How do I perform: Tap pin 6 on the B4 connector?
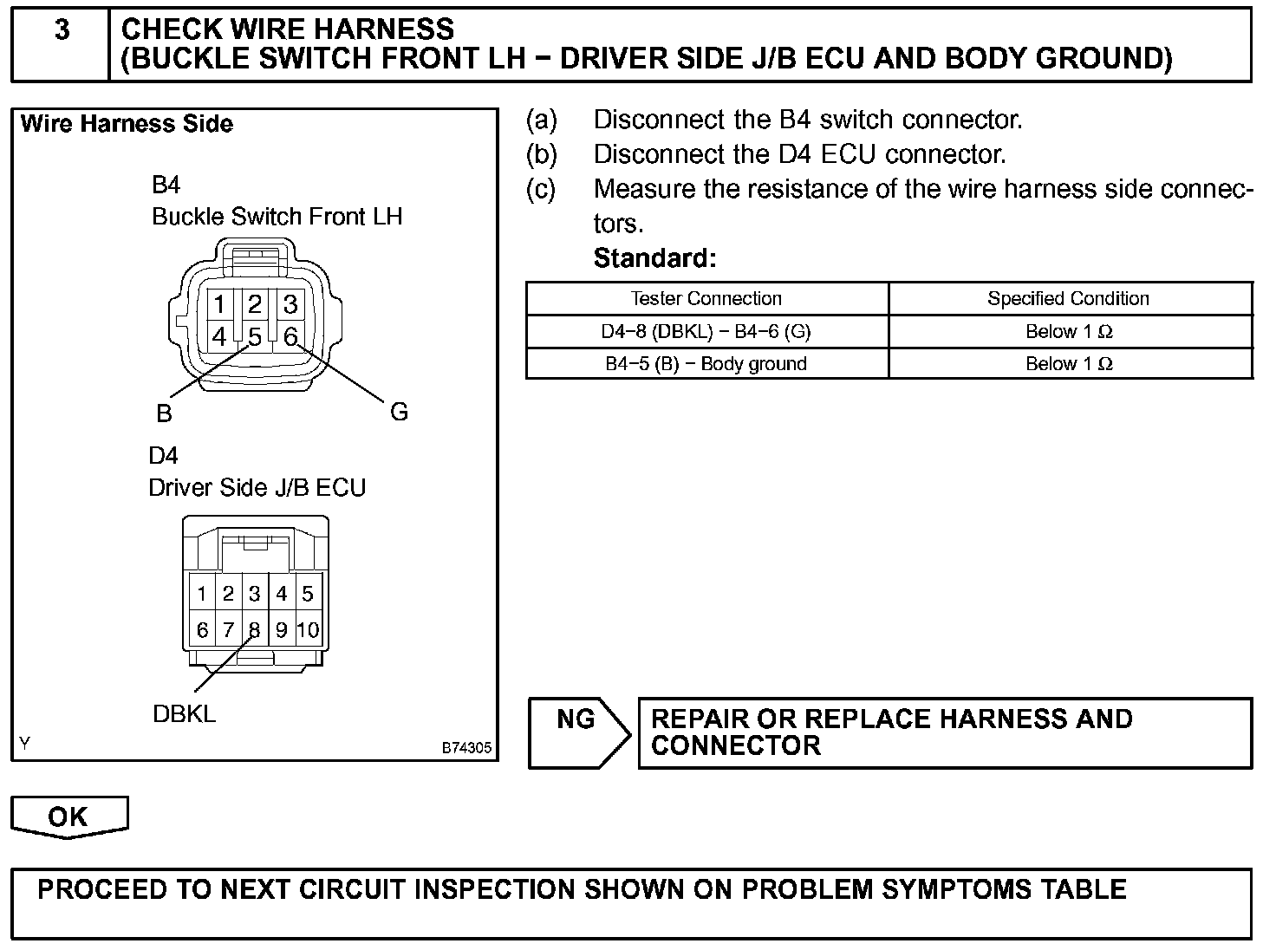point(290,336)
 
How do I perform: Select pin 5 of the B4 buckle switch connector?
point(255,336)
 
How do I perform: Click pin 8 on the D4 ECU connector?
point(255,630)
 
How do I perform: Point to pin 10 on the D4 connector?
point(308,630)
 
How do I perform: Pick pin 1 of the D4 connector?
point(202,595)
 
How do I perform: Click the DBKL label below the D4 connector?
point(184,714)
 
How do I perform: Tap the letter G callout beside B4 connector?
point(399,412)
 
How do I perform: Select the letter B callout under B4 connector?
point(164,414)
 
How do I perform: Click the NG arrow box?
point(578,732)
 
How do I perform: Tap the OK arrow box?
point(68,817)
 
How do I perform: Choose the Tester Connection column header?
point(706,298)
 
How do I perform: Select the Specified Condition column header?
point(1068,298)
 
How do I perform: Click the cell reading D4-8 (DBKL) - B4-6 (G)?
point(706,331)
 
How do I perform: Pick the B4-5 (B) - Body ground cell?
point(706,364)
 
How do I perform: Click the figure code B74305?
point(466,747)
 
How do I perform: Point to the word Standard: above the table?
point(654,258)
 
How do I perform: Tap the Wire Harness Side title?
point(127,124)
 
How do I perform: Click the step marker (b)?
point(542,154)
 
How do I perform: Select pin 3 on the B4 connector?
point(290,304)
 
